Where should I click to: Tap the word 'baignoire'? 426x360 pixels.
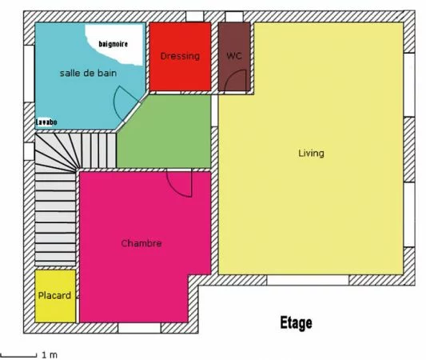tap(113, 43)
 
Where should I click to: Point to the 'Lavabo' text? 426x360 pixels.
tap(46, 122)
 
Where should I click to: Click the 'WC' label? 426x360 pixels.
tap(233, 56)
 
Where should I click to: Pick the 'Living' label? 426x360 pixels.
tap(311, 153)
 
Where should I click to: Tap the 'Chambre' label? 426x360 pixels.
tap(141, 243)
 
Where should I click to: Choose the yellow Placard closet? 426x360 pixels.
tap(55, 296)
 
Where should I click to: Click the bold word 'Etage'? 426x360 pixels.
tap(296, 324)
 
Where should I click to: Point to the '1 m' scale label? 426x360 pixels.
tap(49, 354)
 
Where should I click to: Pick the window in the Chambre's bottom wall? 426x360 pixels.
tap(139, 328)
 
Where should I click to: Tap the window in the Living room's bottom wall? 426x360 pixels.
tap(308, 281)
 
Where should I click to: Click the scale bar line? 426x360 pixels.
tap(18, 354)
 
